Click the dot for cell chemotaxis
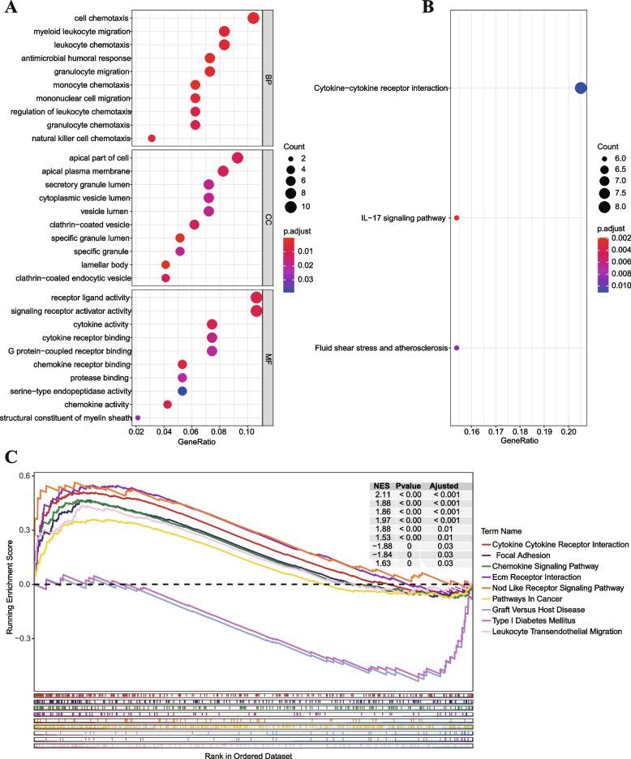click(x=253, y=19)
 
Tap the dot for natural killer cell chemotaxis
click(x=152, y=139)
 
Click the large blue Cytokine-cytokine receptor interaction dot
click(x=581, y=88)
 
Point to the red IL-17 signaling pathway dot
click(x=457, y=218)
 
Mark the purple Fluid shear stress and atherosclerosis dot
click(x=457, y=348)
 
